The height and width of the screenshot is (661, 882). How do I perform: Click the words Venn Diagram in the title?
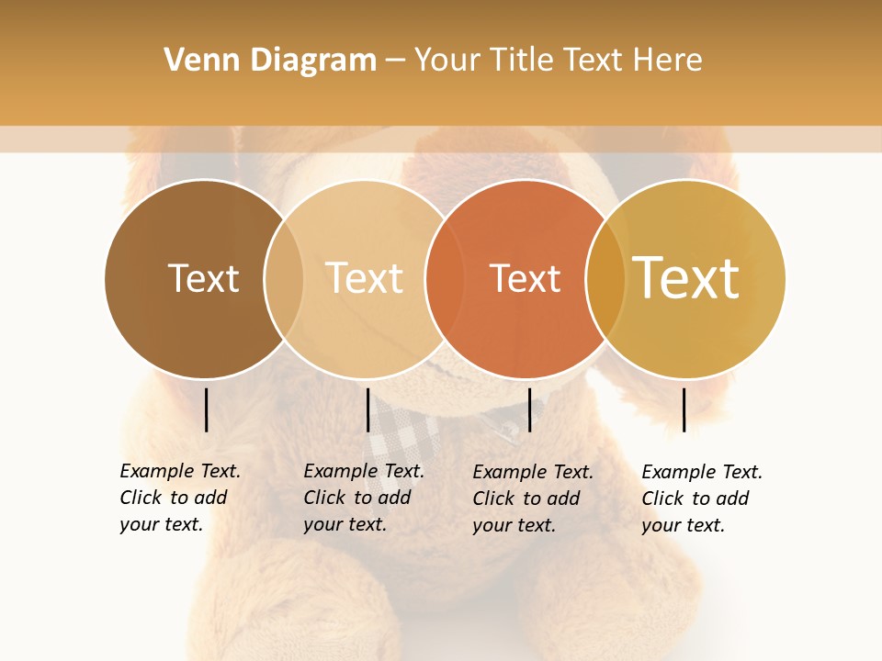tap(270, 61)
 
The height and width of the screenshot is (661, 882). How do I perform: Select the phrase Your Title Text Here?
tap(558, 61)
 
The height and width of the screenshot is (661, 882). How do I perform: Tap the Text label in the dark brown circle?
tap(203, 278)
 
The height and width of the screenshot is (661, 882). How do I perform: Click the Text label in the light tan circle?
tap(364, 278)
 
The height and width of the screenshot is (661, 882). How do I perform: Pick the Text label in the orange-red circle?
tap(525, 278)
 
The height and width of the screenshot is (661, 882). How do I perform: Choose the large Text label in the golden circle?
tap(686, 277)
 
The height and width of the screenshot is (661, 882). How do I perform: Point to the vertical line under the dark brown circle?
tap(207, 409)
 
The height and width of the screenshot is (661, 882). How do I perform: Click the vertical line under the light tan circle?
tap(367, 409)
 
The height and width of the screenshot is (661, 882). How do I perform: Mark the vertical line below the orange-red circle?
tap(529, 409)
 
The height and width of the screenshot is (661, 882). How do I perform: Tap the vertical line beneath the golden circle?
tap(684, 409)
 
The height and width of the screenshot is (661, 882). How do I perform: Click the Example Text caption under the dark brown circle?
tap(179, 498)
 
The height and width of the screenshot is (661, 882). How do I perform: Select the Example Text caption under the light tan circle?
tap(363, 498)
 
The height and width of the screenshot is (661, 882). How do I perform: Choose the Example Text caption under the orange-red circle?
tap(532, 499)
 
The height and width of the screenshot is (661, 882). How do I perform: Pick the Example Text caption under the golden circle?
tap(701, 499)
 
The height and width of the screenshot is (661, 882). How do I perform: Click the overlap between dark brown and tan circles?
tap(284, 278)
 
